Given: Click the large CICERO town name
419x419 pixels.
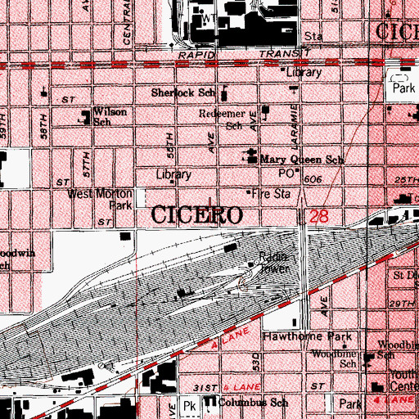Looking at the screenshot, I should [x=196, y=216].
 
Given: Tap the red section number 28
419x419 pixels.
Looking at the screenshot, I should [x=318, y=216].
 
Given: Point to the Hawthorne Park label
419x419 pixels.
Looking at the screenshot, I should [x=306, y=336].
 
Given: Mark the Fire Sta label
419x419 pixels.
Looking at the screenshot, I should [x=273, y=195].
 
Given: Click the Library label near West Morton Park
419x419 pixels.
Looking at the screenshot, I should [x=174, y=174].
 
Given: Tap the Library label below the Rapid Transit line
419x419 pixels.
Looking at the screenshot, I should [x=304, y=72].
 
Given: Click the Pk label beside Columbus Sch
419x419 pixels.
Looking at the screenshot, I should [x=190, y=405].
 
